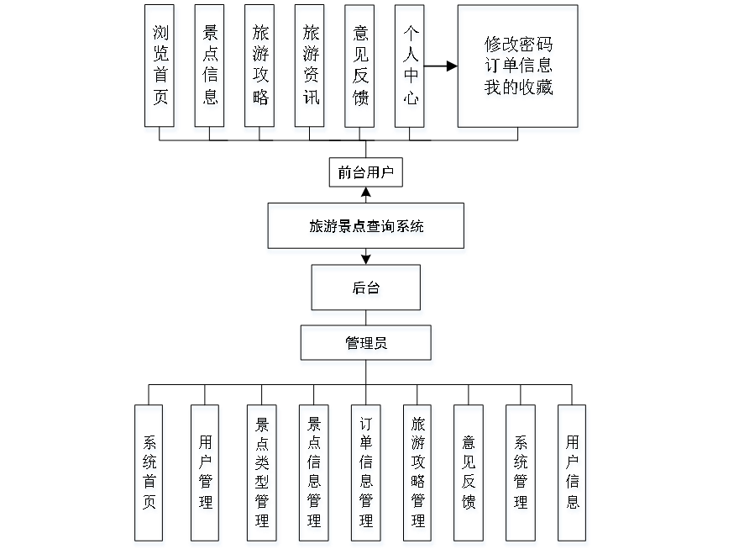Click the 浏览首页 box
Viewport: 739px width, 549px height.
(161, 68)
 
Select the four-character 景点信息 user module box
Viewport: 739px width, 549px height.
(211, 68)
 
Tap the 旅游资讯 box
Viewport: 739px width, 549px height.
(311, 68)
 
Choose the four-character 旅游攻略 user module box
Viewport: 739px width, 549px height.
(260, 68)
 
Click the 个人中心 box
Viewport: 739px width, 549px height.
(411, 68)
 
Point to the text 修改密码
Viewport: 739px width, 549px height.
(518, 46)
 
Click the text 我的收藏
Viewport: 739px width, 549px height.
(518, 87)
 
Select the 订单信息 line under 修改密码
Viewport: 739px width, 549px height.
(518, 66)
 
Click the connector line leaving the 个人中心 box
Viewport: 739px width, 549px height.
(443, 66)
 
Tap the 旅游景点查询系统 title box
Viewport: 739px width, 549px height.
(366, 228)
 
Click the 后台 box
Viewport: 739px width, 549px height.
(367, 291)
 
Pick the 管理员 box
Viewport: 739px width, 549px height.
(367, 346)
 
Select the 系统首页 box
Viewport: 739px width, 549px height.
(150, 475)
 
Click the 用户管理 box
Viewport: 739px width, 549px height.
(206, 475)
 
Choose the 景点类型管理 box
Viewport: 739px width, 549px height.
(263, 475)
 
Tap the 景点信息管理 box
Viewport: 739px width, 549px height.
(314, 475)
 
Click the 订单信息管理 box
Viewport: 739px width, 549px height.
(366, 475)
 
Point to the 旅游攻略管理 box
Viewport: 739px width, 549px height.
(418, 475)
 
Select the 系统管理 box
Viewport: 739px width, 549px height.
(521, 475)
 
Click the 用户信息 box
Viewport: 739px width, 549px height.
(574, 475)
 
